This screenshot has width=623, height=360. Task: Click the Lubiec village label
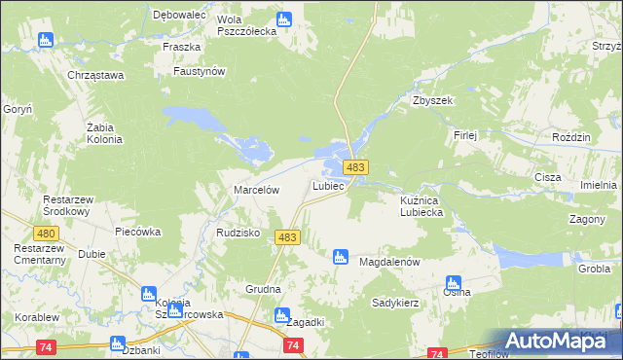[x=328, y=185]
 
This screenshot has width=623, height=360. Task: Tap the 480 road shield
[x=45, y=234]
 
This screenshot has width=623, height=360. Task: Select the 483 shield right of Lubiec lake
[x=355, y=168]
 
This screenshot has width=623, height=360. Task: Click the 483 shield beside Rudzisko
[x=287, y=237]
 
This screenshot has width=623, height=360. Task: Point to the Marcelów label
[x=257, y=191]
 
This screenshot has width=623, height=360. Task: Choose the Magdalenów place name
[x=389, y=263]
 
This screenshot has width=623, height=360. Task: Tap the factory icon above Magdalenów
[x=340, y=257]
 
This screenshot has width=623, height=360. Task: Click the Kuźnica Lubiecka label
[x=422, y=205]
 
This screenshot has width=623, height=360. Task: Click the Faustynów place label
[x=199, y=71]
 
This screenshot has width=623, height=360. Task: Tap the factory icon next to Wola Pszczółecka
[x=284, y=18]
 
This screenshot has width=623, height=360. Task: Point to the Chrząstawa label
[x=93, y=75]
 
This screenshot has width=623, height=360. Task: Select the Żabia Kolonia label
[x=104, y=133]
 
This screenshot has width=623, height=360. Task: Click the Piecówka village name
[x=137, y=233]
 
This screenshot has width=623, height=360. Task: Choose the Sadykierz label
[x=395, y=303]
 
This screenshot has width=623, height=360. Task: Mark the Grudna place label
[x=263, y=289]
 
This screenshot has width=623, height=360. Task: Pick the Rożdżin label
[x=571, y=138]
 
